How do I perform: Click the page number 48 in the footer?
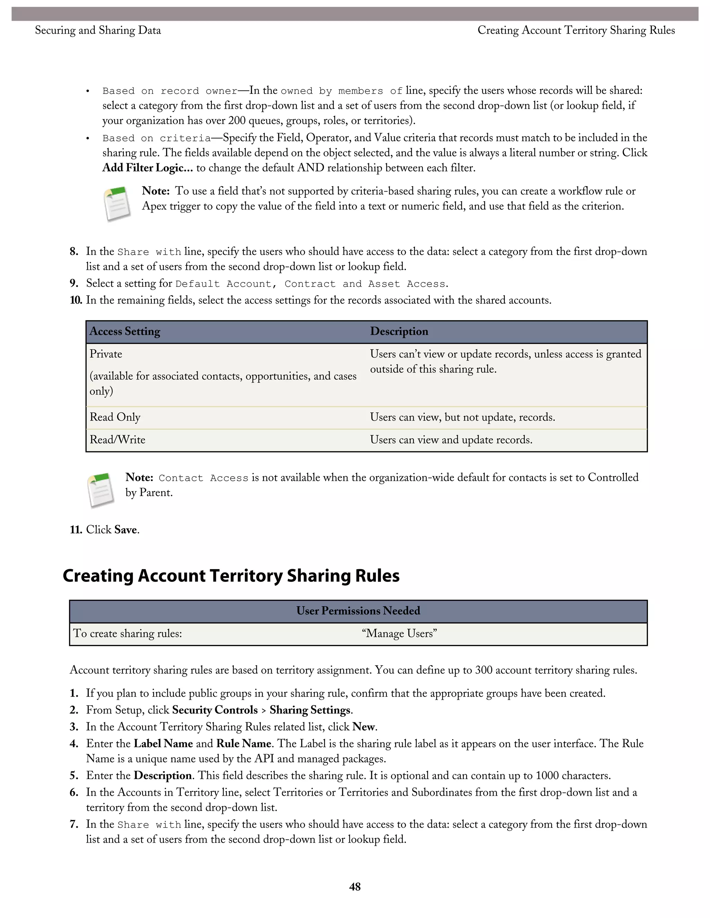[355, 886]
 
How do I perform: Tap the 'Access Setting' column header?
[125, 331]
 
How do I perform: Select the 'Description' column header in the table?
[399, 331]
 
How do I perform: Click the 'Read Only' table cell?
[115, 417]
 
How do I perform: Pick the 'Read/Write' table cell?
[118, 440]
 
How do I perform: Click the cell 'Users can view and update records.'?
[451, 440]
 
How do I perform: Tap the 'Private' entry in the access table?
[106, 354]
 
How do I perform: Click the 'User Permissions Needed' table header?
[358, 611]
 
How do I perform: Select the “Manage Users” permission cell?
[399, 634]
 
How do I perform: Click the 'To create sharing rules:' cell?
[128, 634]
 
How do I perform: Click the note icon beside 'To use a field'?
[117, 204]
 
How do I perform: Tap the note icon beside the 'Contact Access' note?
[101, 490]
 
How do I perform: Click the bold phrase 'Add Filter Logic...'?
[148, 168]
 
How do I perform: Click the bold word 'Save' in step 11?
[125, 530]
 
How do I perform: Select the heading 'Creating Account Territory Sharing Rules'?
[231, 575]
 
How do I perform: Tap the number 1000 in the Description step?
[547, 776]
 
